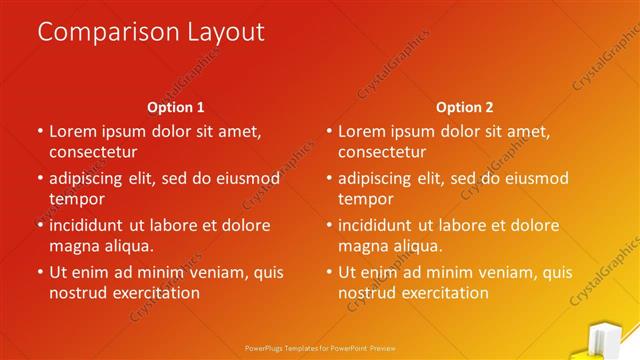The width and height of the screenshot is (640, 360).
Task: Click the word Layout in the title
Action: coord(224,32)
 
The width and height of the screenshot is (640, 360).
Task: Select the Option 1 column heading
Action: coord(176,107)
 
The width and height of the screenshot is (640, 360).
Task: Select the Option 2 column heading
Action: coord(465,107)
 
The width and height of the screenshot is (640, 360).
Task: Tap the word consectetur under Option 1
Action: coord(93,152)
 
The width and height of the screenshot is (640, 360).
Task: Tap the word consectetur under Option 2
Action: coord(382,152)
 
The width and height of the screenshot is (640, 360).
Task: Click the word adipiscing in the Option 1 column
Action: coord(91,179)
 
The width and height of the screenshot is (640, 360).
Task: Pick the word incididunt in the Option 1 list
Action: coord(92,225)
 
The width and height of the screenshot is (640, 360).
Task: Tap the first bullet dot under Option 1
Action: coord(40,131)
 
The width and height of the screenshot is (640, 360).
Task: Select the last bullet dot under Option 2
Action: coord(329,272)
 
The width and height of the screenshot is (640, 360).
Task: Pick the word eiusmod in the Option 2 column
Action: coord(535,179)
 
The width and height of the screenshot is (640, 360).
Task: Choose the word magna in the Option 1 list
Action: coord(74,245)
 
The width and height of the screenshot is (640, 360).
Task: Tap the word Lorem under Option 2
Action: coord(362,131)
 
